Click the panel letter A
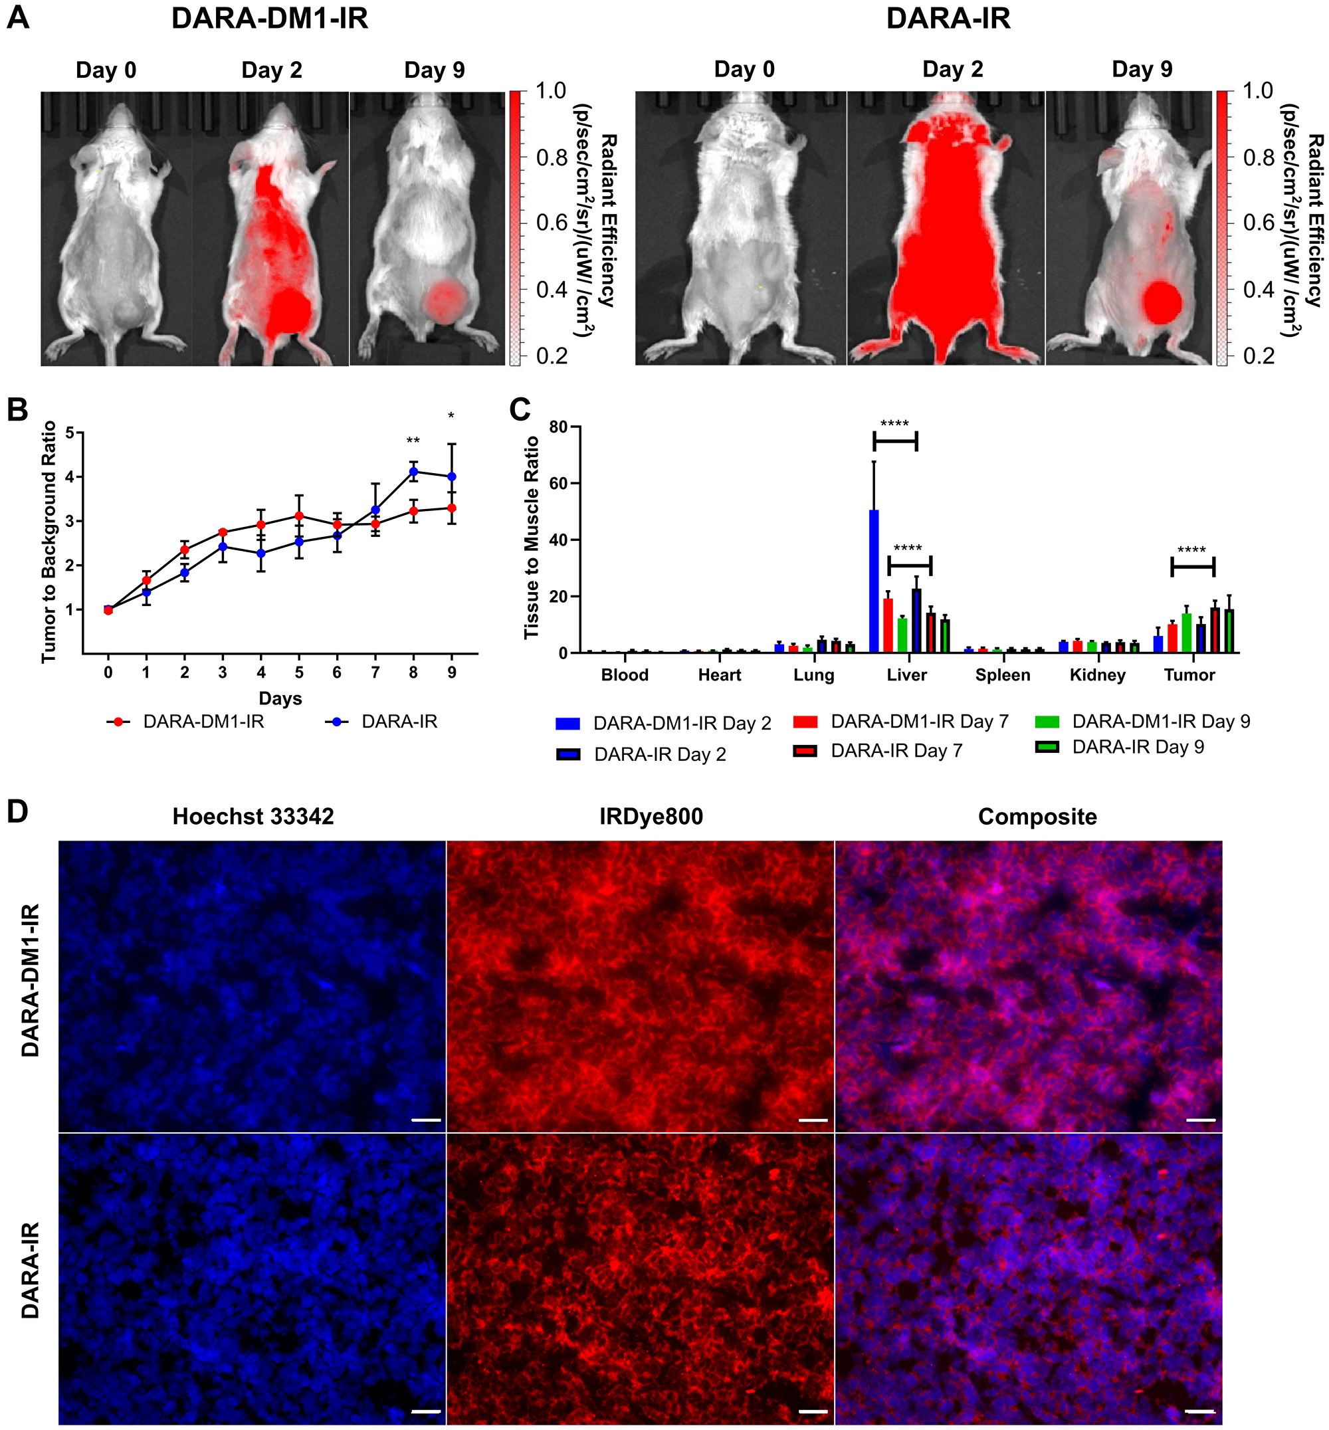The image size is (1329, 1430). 18,17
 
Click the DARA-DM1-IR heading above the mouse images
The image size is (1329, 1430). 270,18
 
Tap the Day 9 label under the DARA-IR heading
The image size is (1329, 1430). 1142,69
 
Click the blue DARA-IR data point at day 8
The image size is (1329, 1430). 413,472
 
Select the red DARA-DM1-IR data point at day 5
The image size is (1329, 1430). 299,516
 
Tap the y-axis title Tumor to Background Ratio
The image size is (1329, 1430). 49,542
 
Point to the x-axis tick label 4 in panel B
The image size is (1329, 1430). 261,672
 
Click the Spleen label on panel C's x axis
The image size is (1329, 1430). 1003,674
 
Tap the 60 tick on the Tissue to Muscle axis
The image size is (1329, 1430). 558,483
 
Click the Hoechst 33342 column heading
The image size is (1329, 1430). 253,817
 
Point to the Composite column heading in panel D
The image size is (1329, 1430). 1037,817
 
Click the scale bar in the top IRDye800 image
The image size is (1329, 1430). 813,1120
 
